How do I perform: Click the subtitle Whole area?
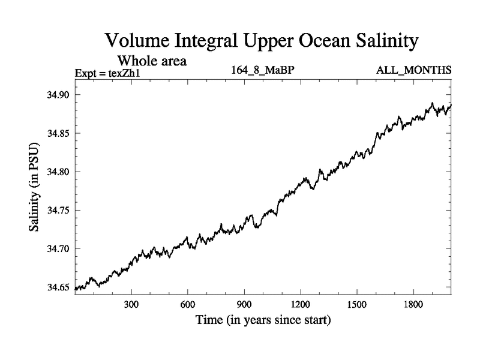(x=152, y=61)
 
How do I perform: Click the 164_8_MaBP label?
(x=262, y=71)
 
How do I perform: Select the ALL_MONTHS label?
(x=413, y=71)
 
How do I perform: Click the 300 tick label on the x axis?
(x=131, y=304)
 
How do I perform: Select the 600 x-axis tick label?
(x=188, y=304)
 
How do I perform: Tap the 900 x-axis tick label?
(x=244, y=304)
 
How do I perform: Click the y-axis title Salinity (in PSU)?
(x=34, y=190)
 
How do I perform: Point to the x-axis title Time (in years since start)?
(x=263, y=320)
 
